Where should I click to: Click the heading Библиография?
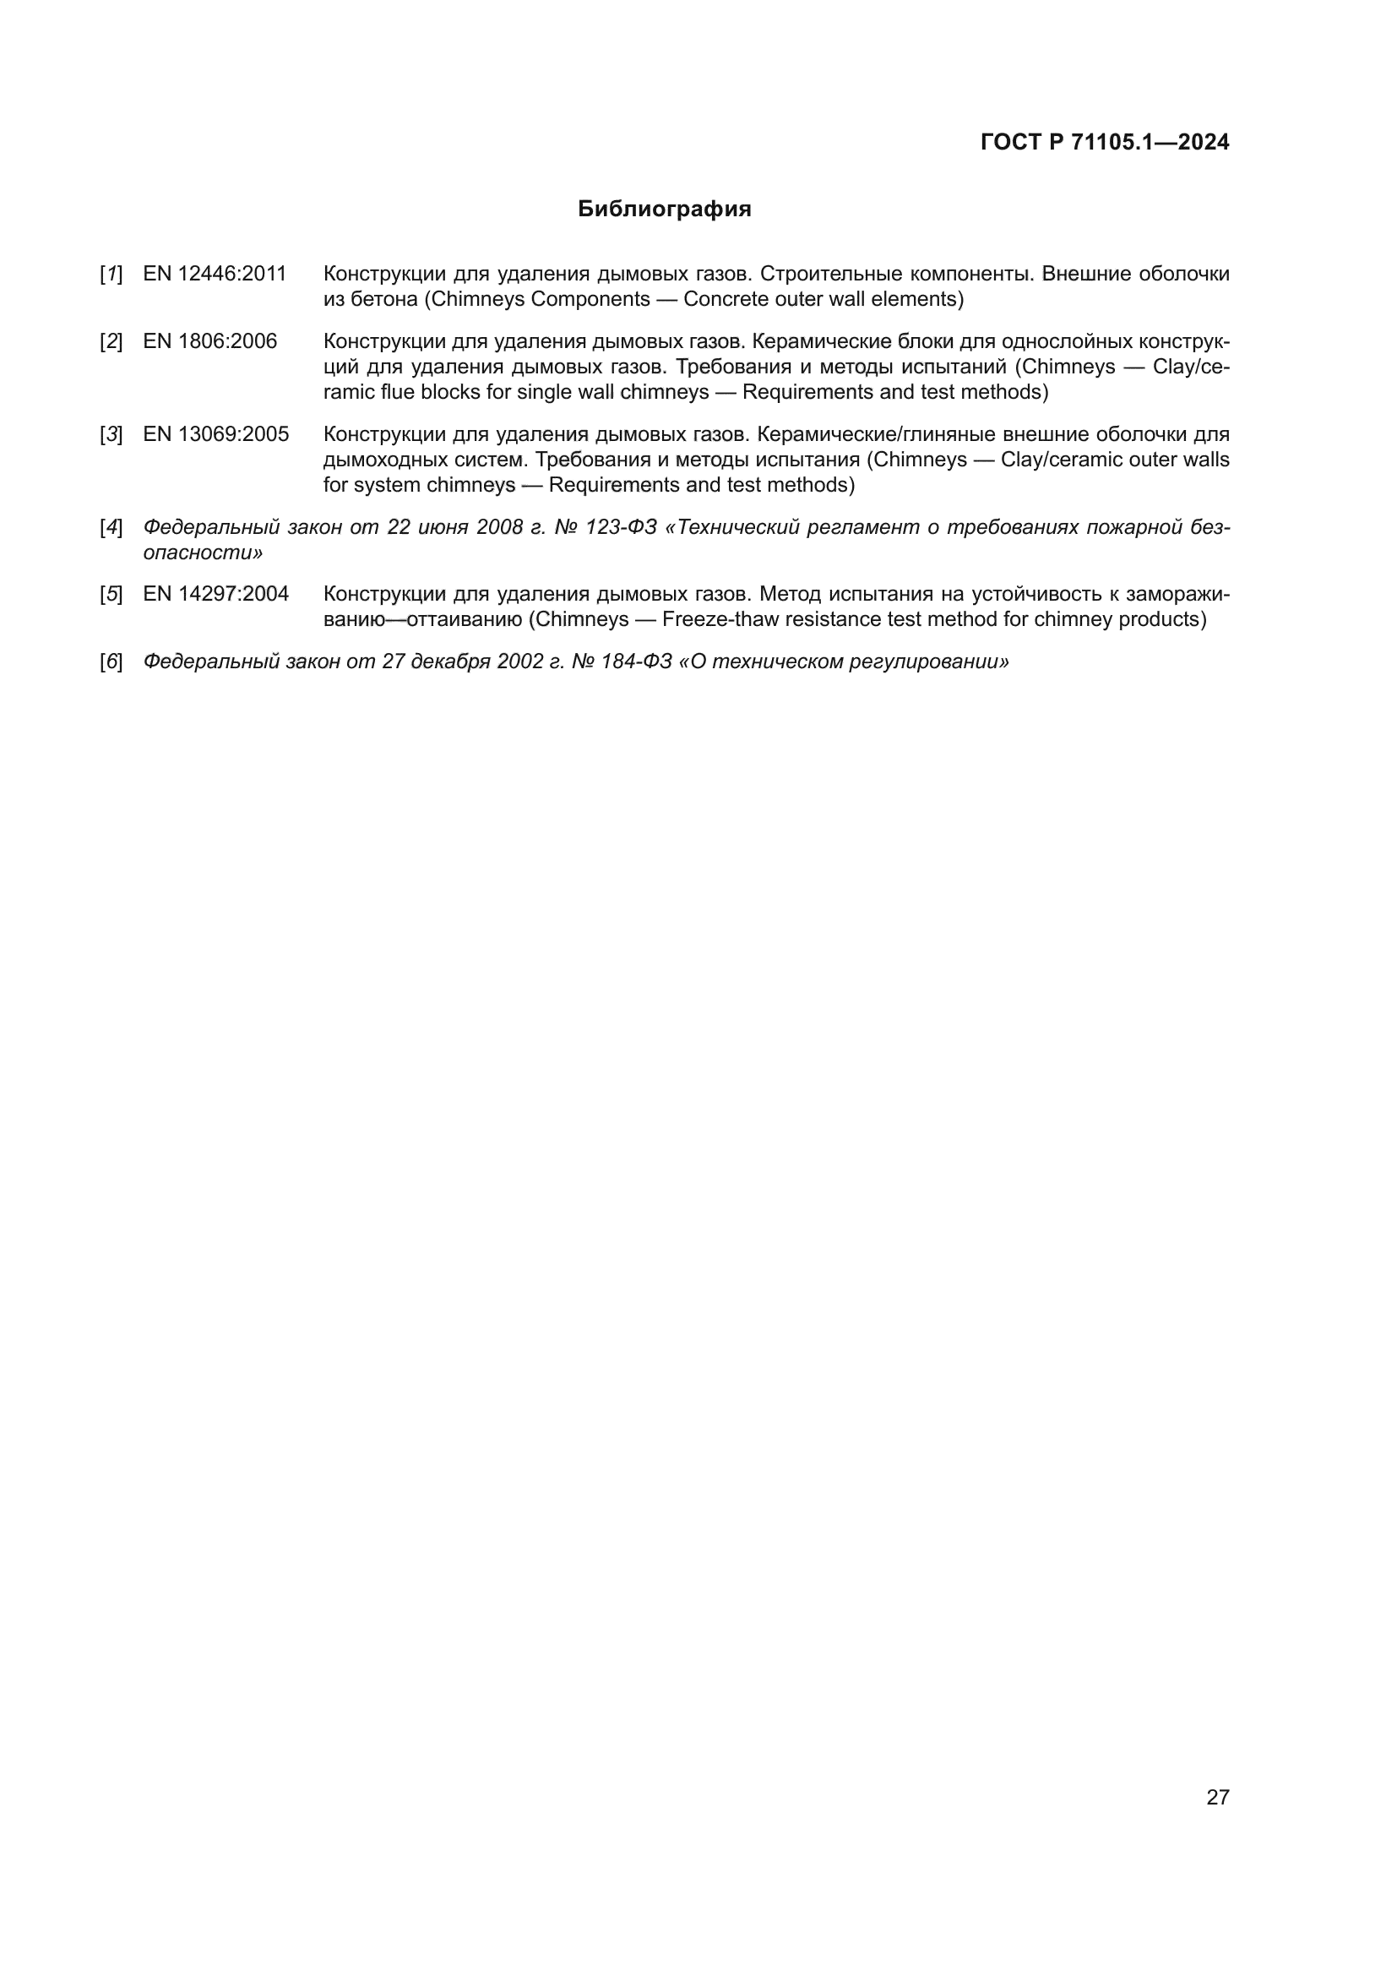[x=664, y=210]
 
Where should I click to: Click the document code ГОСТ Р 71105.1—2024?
[x=1105, y=143]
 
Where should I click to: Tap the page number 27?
[x=1217, y=1797]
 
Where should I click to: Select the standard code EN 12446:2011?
[x=215, y=275]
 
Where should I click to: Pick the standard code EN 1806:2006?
[x=210, y=341]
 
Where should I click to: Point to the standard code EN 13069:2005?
[x=215, y=433]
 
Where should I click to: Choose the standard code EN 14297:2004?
[x=215, y=594]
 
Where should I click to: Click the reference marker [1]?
[x=111, y=275]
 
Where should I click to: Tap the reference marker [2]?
[x=111, y=341]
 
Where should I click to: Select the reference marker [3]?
[x=111, y=433]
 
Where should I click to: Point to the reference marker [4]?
[x=111, y=526]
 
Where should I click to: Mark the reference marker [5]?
[x=111, y=594]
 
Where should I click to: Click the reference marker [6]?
[x=111, y=661]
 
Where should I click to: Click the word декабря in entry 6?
[x=451, y=661]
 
